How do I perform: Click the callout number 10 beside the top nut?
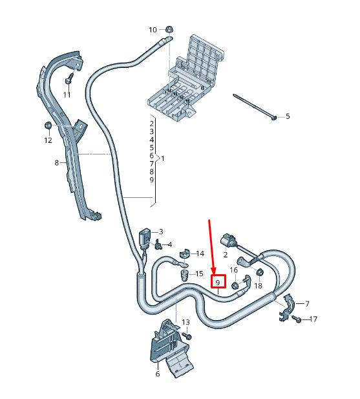click(153, 30)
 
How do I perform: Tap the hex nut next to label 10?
click(168, 29)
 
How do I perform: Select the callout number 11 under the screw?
click(67, 95)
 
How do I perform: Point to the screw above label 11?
click(69, 78)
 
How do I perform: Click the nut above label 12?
click(48, 125)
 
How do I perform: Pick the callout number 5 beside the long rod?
click(288, 116)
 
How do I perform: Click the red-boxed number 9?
click(218, 282)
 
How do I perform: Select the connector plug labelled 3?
click(144, 239)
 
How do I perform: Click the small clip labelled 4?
click(158, 244)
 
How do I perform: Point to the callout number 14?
click(200, 253)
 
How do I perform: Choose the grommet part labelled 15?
click(184, 275)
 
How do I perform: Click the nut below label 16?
click(235, 285)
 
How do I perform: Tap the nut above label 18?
click(260, 272)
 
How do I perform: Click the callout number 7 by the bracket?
click(307, 303)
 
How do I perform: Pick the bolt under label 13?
click(187, 336)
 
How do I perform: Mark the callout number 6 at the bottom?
click(158, 374)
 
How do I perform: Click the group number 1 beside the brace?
click(163, 159)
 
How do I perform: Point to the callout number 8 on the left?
click(57, 162)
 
